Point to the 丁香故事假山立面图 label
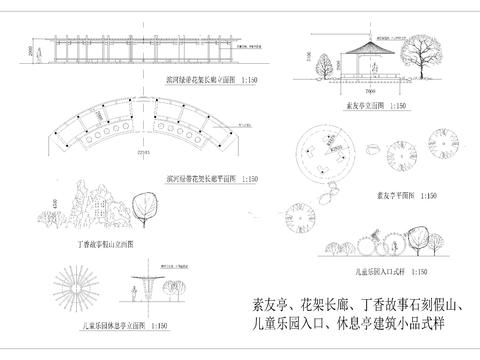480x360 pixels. [x=105, y=244]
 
